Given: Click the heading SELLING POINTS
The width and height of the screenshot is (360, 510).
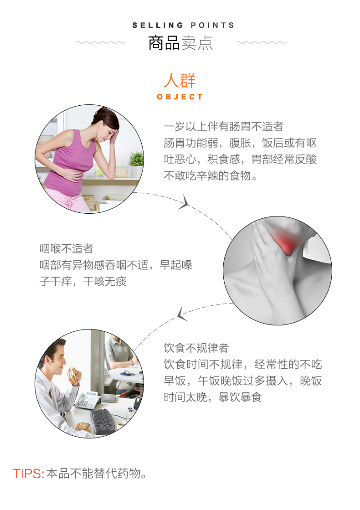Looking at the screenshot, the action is (183, 26).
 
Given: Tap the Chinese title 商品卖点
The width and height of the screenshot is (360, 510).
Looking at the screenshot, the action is (180, 43).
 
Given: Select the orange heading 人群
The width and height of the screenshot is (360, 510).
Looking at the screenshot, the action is (180, 80).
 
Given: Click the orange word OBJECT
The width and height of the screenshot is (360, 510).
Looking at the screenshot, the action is (180, 97).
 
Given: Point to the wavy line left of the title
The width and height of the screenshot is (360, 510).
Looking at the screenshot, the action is (101, 42).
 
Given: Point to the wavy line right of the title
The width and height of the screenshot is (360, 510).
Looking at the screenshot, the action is (261, 42).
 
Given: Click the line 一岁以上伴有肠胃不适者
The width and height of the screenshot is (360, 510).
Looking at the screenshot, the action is (224, 126).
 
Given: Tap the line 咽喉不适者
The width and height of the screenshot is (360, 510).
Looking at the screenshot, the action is (67, 249).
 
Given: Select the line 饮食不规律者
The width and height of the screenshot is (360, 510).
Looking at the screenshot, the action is (196, 348).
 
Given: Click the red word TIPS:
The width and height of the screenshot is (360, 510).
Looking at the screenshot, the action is (29, 474).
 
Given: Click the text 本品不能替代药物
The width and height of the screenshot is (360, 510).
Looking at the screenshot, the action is (94, 474).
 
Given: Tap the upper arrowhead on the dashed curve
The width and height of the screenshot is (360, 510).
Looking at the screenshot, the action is (184, 202).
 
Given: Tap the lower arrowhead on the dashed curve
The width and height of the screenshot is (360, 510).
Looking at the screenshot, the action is (181, 314).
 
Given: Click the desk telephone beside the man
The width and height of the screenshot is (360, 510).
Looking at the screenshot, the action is (87, 400).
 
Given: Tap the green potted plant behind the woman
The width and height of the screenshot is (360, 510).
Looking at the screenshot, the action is (136, 159).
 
